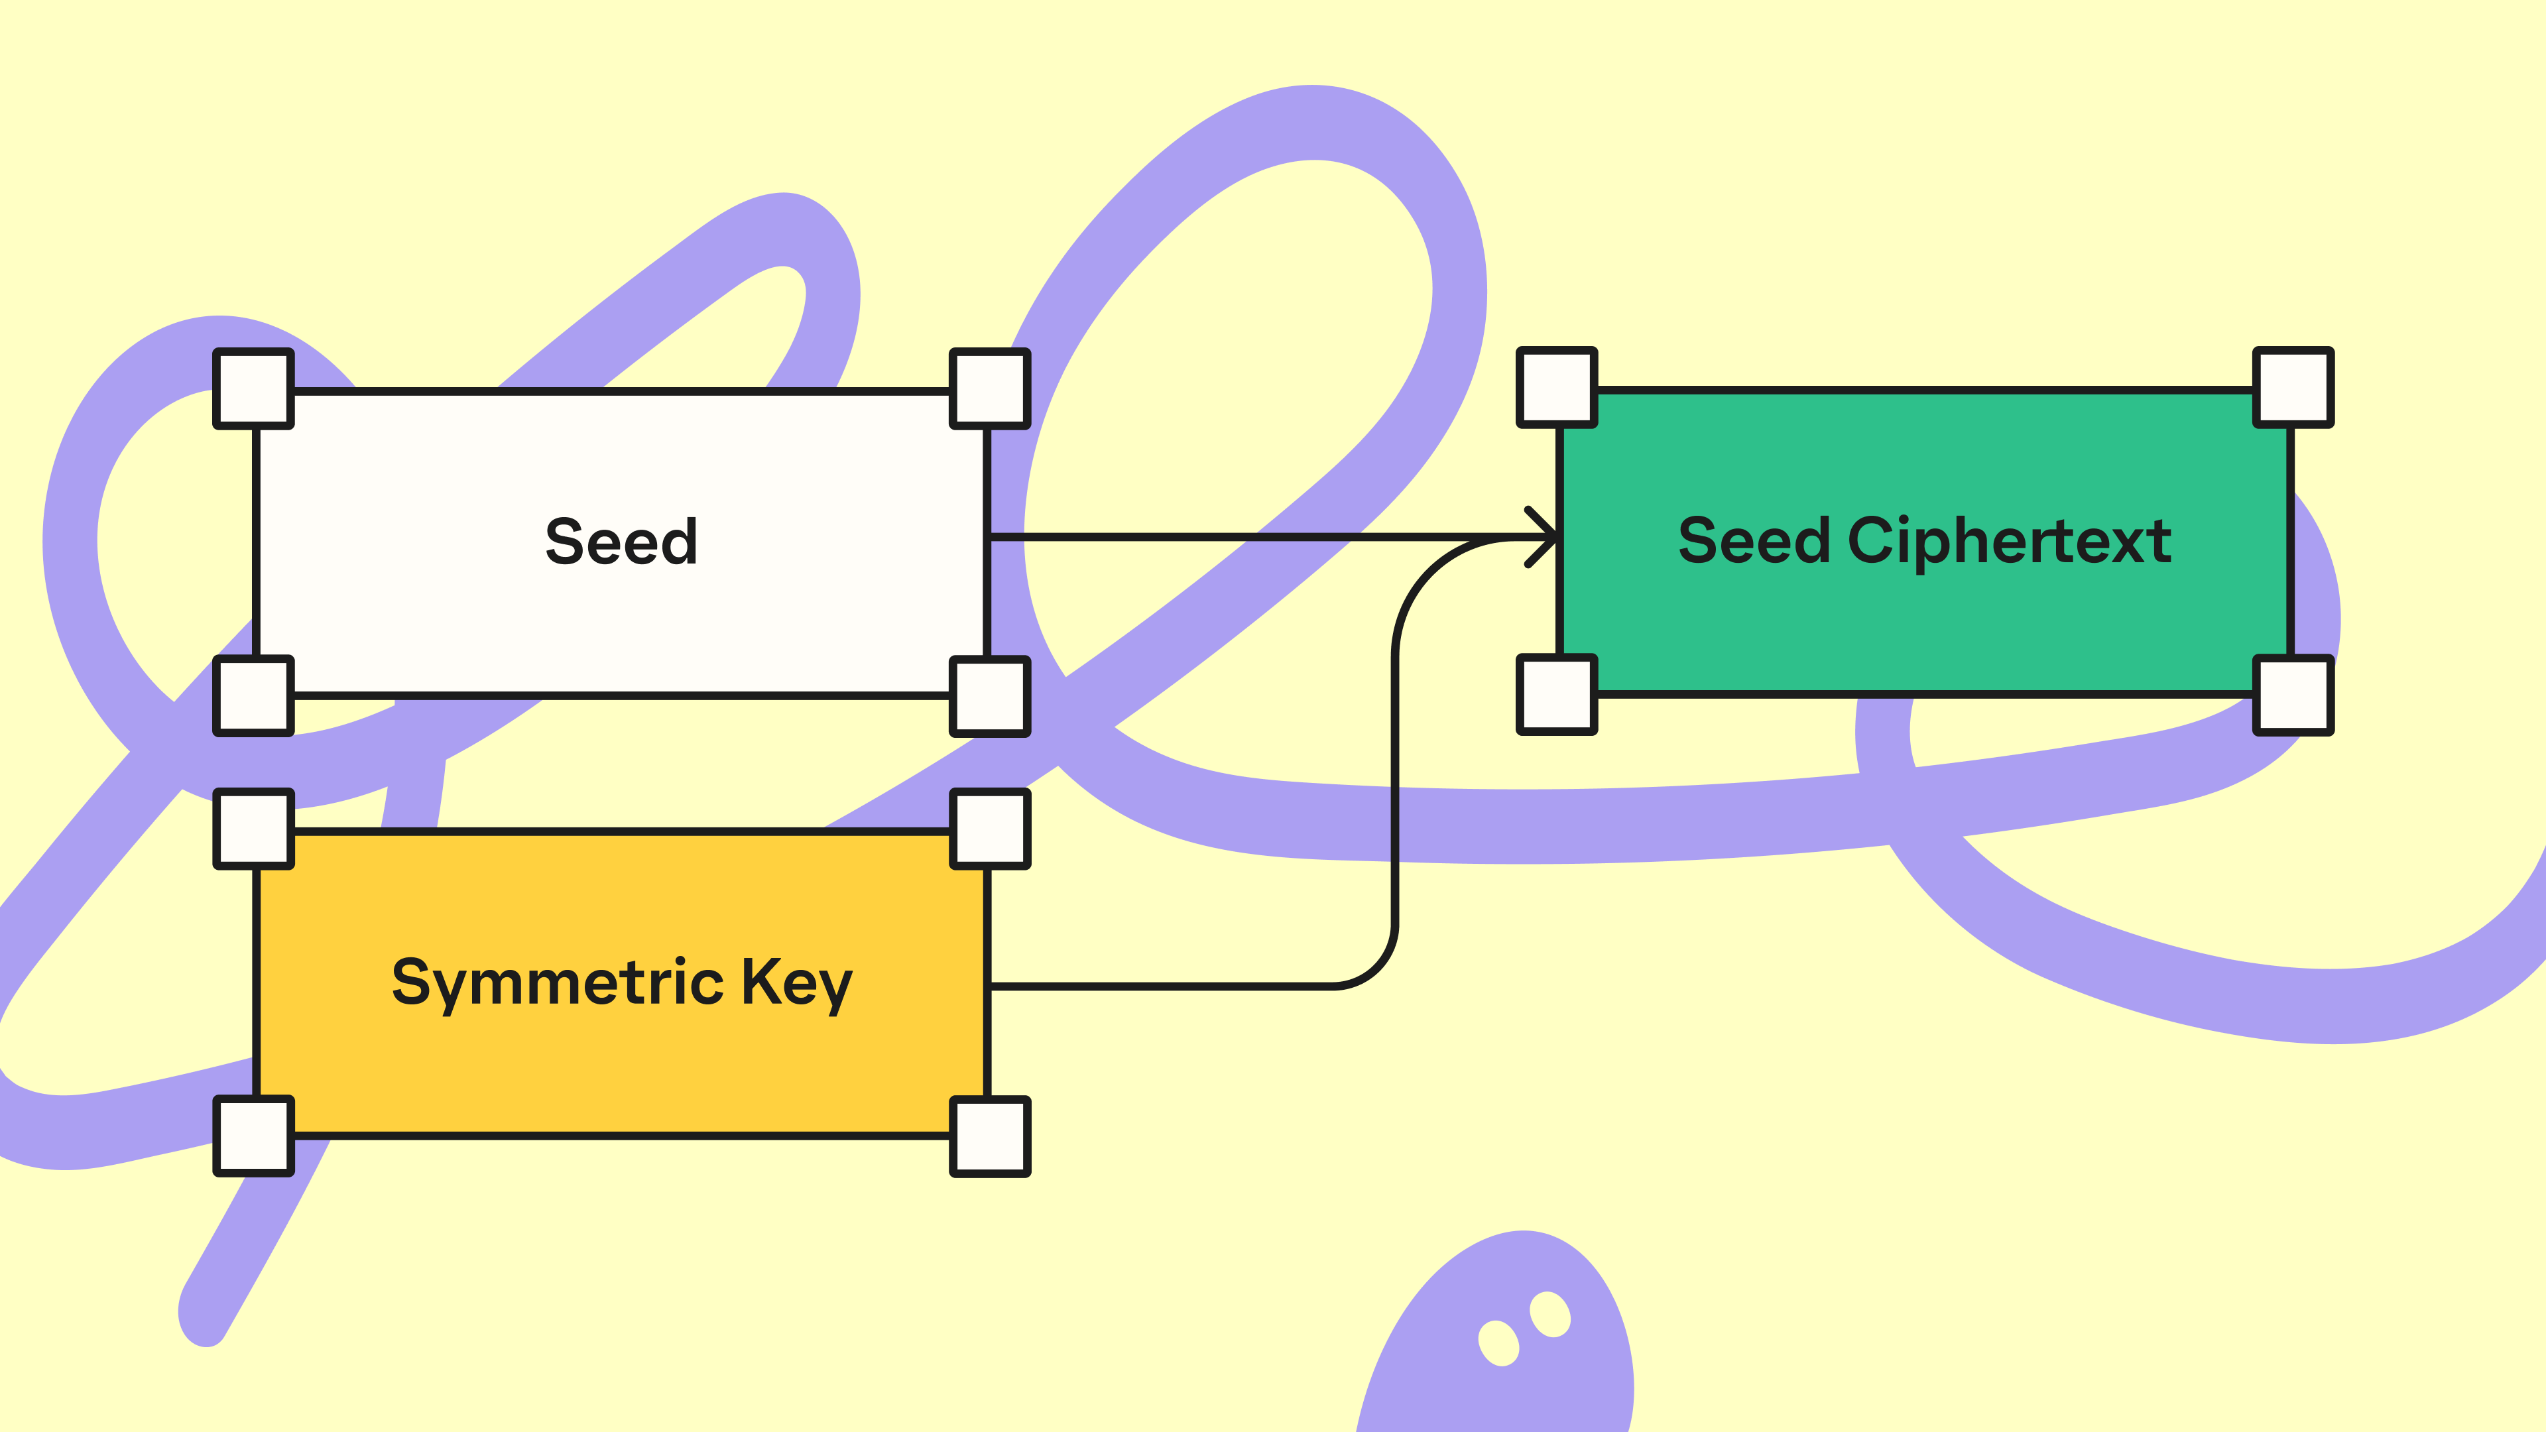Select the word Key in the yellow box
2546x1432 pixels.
coord(796,983)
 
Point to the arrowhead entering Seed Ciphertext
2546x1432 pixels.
coord(1544,538)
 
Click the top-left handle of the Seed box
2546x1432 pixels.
coord(254,388)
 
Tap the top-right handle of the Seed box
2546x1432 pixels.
coord(989,388)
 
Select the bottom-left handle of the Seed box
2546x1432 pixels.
coord(254,695)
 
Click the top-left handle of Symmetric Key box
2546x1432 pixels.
coord(254,828)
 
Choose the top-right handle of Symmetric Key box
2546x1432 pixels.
coord(989,828)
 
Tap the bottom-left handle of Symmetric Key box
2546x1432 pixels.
coord(254,1136)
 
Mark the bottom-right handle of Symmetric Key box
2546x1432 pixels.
coord(989,1136)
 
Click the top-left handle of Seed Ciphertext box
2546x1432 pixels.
coord(1557,387)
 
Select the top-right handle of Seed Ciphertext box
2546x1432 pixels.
coord(2293,387)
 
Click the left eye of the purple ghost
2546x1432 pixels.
coord(1498,1343)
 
